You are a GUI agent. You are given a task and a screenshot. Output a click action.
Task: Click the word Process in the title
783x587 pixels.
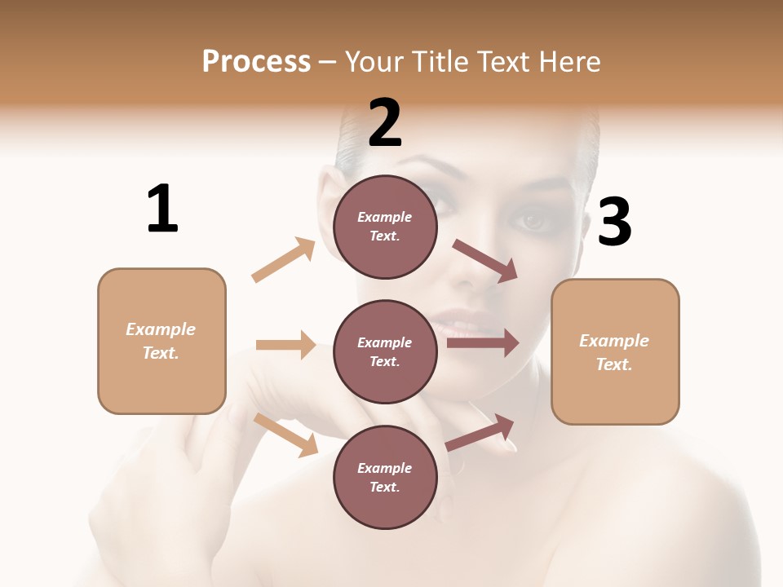pos(256,61)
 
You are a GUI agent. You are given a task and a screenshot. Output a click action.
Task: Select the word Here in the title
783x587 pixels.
pos(567,62)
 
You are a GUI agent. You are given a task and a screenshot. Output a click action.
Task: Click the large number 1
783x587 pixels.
pos(162,209)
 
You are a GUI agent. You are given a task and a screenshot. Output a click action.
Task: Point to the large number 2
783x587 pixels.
pos(385,123)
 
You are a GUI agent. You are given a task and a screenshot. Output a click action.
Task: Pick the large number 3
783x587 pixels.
pos(614,222)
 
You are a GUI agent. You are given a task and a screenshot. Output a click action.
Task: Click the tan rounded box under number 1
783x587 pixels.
pos(161,341)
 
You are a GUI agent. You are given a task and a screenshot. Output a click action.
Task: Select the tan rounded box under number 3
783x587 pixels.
pos(615,351)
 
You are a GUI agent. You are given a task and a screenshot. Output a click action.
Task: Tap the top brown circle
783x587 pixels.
pos(385,227)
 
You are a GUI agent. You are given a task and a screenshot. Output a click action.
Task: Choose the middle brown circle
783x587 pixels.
pos(385,351)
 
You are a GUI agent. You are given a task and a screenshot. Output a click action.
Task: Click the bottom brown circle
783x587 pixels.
pos(385,477)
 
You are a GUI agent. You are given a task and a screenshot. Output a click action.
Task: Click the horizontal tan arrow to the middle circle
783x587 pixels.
pos(285,345)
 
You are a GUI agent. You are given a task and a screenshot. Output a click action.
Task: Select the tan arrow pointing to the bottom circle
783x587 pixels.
pos(286,434)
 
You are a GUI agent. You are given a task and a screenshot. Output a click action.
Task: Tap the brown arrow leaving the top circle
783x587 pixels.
pos(485,260)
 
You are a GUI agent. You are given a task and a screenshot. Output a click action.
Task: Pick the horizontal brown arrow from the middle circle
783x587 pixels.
pos(483,343)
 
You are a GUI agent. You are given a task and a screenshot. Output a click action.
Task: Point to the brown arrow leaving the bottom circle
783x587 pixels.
pos(480,432)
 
